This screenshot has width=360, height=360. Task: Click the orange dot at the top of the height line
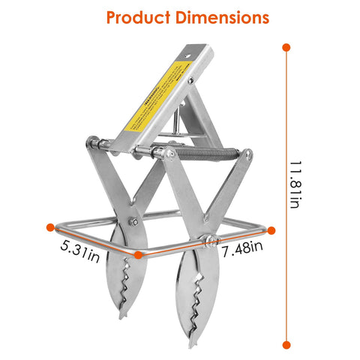tap(286, 47)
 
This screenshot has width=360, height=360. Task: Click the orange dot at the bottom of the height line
tap(286, 344)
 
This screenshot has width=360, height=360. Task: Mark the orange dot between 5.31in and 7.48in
tap(139, 255)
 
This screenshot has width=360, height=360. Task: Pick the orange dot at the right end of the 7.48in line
tap(271, 231)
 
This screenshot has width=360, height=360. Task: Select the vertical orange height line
tap(286, 195)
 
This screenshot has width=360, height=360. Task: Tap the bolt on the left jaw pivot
tap(133, 221)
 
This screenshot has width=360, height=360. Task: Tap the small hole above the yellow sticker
tap(190, 80)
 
